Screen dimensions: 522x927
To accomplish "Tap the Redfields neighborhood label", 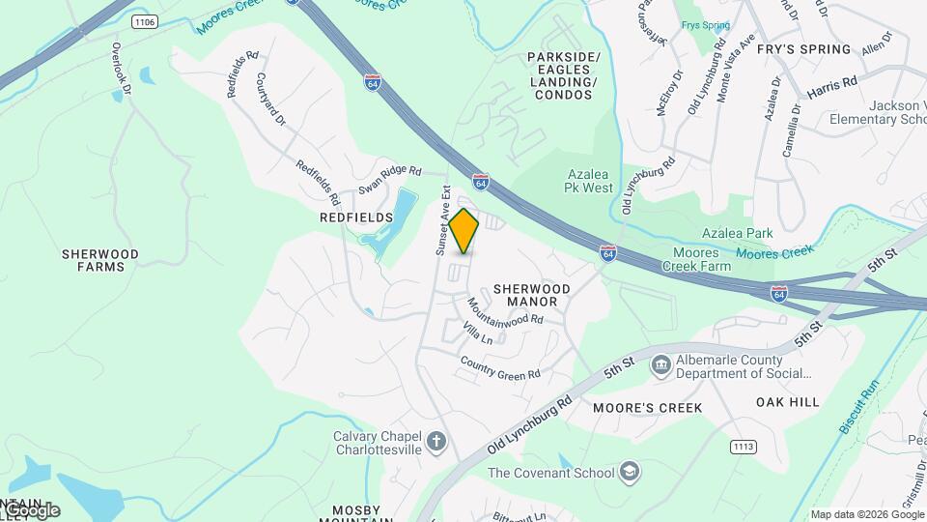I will (x=356, y=218).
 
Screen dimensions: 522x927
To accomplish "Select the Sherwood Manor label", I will (x=532, y=295).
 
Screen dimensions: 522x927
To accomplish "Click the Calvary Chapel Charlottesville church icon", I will (x=436, y=443).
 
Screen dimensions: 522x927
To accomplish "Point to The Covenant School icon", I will (x=629, y=472).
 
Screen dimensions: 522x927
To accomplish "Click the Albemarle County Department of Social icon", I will (x=661, y=365).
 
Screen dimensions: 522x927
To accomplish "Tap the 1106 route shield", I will (x=145, y=21).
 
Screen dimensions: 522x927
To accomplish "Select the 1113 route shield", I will (x=743, y=448).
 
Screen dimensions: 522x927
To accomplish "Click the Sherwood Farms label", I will (x=100, y=260).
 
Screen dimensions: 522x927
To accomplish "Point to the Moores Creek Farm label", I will (x=688, y=259).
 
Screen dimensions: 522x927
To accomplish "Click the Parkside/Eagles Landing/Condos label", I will (x=563, y=76).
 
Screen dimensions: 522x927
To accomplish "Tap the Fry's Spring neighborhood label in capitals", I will (x=803, y=49).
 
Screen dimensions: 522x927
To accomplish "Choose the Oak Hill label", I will (x=787, y=402).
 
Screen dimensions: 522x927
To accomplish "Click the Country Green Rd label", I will (x=500, y=368).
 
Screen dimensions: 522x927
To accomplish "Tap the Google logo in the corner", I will (x=31, y=509).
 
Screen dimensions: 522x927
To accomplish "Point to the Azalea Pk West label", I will (x=589, y=181).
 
